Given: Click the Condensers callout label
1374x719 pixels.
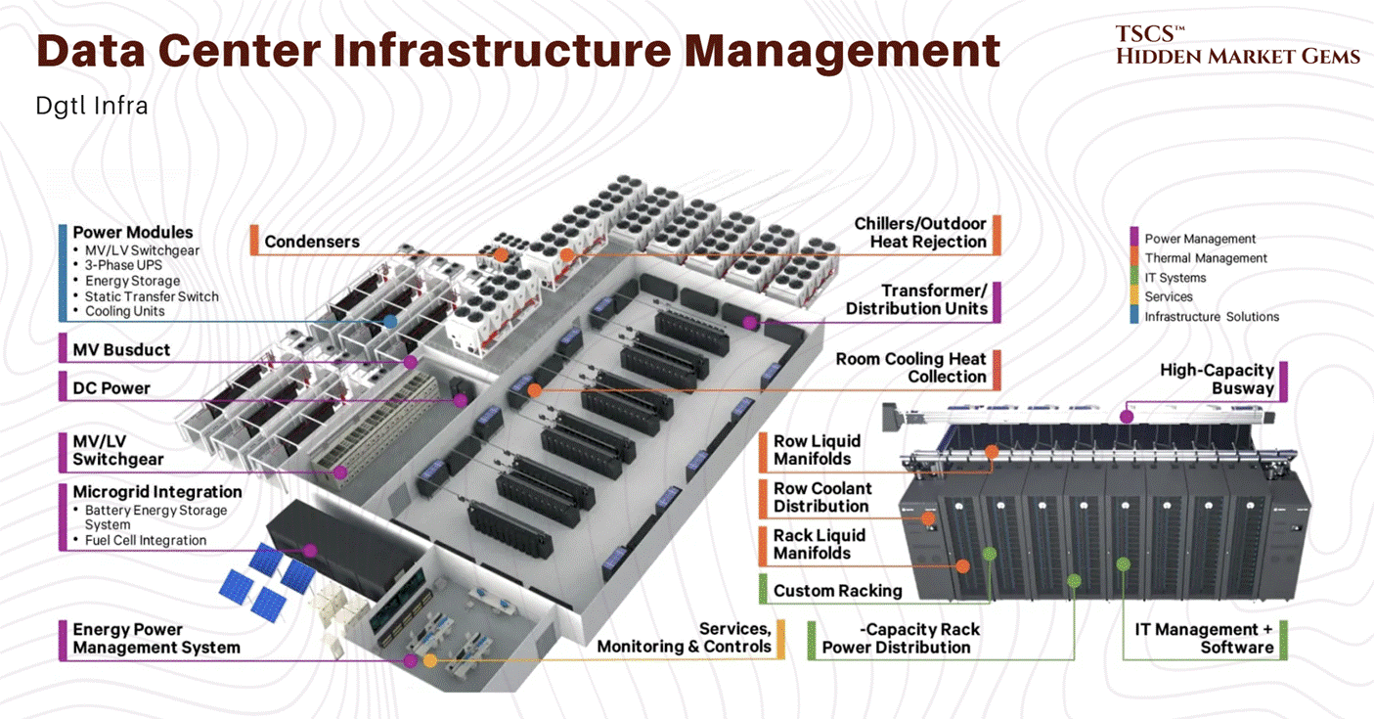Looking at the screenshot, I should [x=312, y=242].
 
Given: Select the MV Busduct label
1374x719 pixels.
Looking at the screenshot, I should [x=121, y=349].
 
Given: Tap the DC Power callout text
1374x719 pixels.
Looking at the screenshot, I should [x=111, y=387].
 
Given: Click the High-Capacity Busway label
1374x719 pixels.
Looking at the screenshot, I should [x=1217, y=379].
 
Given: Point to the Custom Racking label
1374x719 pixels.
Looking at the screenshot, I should [x=837, y=590].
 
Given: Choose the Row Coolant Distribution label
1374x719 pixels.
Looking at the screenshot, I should [x=821, y=497].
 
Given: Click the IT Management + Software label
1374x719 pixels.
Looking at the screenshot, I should [x=1204, y=638].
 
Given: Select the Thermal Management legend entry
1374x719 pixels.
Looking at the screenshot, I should [x=1206, y=258].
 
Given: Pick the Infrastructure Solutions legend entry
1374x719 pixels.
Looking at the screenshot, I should [x=1212, y=317].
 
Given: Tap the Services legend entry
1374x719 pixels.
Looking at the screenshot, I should [x=1169, y=296].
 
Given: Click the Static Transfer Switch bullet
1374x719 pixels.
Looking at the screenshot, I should [x=152, y=296].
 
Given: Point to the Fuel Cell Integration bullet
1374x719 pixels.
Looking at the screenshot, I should [x=146, y=540].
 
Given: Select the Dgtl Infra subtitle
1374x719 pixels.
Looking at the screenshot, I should [x=92, y=106].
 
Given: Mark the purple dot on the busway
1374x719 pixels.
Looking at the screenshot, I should [x=1127, y=417].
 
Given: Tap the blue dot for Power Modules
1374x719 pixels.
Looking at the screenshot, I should [x=390, y=321].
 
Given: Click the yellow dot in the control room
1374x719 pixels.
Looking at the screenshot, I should [x=430, y=660].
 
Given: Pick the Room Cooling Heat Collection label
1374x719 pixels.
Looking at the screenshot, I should [x=910, y=368].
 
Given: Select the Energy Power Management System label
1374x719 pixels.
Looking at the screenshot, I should [x=156, y=638].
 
